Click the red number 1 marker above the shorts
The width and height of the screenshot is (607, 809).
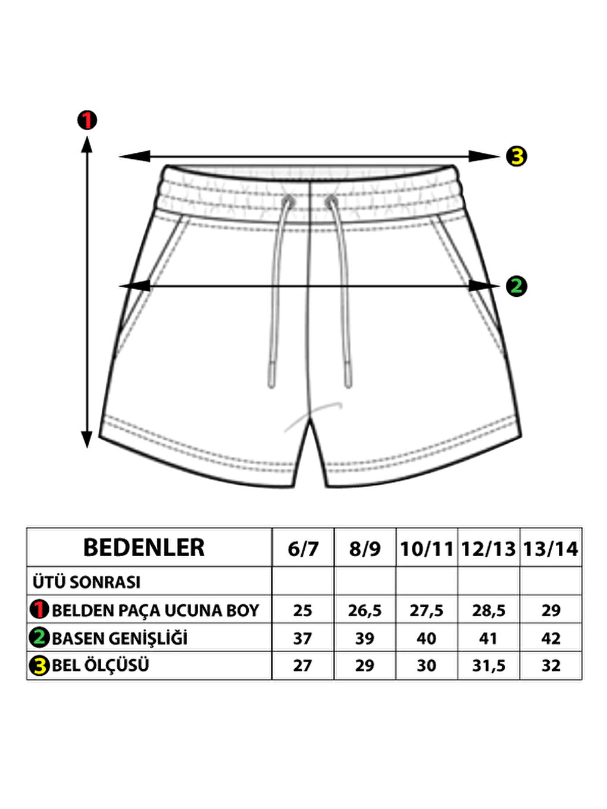click(x=87, y=120)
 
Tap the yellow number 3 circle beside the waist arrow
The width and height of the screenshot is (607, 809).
click(x=517, y=156)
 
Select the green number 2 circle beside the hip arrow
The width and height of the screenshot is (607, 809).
click(x=516, y=286)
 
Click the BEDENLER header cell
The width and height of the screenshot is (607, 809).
click(x=144, y=548)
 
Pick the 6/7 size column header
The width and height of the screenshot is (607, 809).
click(x=303, y=548)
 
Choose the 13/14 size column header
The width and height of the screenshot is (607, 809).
click(x=550, y=548)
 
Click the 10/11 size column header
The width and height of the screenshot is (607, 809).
click(x=427, y=548)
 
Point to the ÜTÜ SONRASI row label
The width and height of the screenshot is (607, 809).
click(x=87, y=582)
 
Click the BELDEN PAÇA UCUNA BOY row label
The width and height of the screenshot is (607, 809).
click(x=155, y=610)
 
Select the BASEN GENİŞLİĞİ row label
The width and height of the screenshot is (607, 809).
click(x=120, y=638)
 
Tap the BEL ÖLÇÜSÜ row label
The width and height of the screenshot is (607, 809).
click(x=100, y=666)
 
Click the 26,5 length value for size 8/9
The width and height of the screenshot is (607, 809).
click(x=365, y=610)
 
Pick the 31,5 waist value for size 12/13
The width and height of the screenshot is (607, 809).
click(x=489, y=666)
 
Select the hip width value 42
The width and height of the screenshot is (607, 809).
click(x=550, y=638)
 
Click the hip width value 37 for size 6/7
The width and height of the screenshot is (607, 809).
click(x=302, y=638)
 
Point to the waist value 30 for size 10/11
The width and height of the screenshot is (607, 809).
click(x=426, y=666)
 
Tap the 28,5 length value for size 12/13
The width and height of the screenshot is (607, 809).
click(x=489, y=610)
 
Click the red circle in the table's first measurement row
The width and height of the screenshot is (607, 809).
click(x=39, y=610)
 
